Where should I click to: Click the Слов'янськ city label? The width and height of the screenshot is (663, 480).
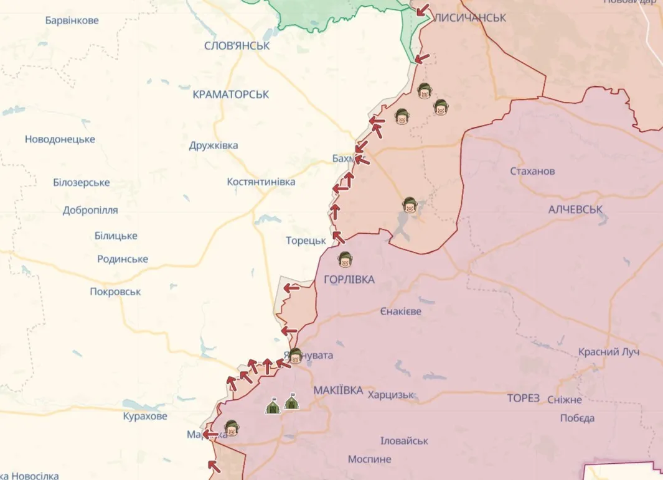tap(237, 46)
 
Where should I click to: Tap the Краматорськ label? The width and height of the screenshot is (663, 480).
tap(231, 95)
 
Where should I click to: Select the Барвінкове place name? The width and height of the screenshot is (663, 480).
tap(72, 21)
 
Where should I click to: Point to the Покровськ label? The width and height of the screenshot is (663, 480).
tap(115, 292)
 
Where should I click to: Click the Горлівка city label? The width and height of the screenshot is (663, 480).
tap(349, 280)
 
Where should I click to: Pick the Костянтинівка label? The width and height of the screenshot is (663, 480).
tap(261, 182)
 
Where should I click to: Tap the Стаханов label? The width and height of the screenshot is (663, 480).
tap(532, 171)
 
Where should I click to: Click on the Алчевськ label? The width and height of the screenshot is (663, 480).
tap(575, 210)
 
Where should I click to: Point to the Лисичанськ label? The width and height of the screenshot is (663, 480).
tap(470, 18)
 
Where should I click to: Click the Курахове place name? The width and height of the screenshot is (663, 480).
tap(145, 416)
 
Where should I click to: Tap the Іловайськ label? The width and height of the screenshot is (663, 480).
tap(404, 441)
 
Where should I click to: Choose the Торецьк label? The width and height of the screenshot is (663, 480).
tap(306, 241)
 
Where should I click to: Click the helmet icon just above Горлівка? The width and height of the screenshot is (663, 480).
tap(344, 259)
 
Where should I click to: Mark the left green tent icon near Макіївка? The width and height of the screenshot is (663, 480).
tap(273, 407)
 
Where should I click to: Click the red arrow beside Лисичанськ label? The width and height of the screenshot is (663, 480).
tap(423, 10)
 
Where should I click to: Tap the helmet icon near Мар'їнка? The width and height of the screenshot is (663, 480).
tap(232, 428)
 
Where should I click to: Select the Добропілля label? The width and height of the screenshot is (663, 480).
tap(90, 210)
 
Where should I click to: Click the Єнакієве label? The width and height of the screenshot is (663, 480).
tap(400, 311)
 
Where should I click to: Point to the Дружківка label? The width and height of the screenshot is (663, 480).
tap(214, 145)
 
